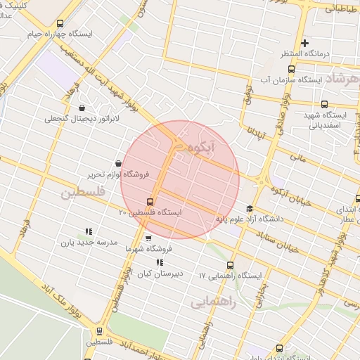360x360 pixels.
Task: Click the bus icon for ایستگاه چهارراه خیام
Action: [59, 23]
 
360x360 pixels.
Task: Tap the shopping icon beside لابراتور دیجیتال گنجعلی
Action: [83, 108]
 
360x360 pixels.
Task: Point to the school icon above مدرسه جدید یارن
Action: [89, 231]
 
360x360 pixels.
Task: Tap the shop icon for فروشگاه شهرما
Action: [148, 238]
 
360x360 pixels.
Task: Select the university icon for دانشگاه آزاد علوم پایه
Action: [250, 208]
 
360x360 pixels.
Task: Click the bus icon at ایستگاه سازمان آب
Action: [291, 69]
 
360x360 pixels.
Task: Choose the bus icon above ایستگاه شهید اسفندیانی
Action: [324, 104]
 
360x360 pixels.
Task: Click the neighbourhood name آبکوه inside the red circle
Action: [217, 146]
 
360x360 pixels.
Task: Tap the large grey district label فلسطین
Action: [82, 191]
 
